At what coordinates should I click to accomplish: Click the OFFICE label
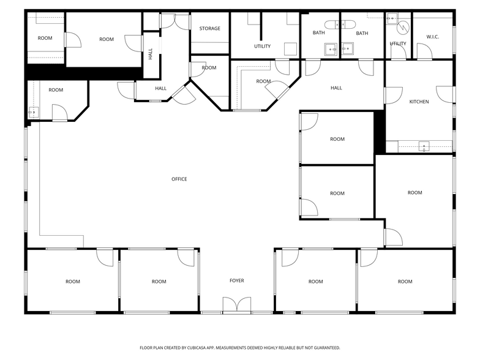coord(179,179)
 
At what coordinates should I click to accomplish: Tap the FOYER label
coord(236,281)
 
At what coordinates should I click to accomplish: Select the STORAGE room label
coord(209,29)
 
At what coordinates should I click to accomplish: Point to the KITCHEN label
coord(419,102)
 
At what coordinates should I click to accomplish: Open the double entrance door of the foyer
coord(236,306)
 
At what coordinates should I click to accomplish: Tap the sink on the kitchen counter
coord(423,146)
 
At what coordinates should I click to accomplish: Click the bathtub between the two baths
coord(340,24)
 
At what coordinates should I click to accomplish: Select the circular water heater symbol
coord(403,28)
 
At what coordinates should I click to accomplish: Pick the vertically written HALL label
coord(151,54)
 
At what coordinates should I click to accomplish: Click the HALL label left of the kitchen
coord(336,88)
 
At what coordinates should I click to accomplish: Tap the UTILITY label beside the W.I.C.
coord(398,44)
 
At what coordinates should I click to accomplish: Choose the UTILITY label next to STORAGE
coord(262,47)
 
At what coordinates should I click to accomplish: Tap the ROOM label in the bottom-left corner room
coord(73,282)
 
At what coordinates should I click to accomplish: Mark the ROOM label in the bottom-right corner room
coord(405,282)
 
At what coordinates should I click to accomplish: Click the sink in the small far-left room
coord(33,112)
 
